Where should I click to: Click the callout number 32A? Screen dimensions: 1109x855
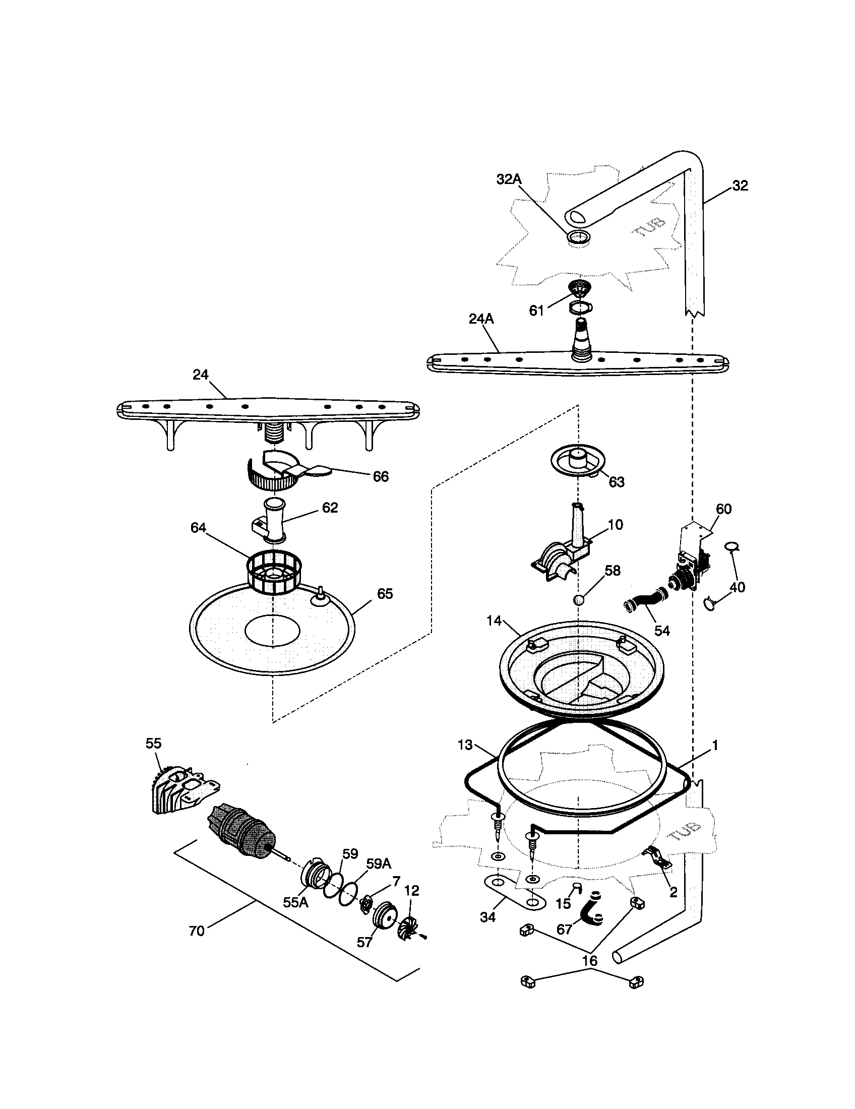tap(509, 179)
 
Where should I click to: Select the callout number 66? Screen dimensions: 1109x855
tap(380, 476)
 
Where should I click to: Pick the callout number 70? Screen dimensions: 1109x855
tap(197, 931)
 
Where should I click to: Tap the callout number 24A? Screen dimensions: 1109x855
tap(481, 319)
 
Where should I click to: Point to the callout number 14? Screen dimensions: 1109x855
tap(494, 621)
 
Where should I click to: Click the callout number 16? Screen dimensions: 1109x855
tap(589, 961)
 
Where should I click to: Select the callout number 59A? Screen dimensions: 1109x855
tap(378, 864)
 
